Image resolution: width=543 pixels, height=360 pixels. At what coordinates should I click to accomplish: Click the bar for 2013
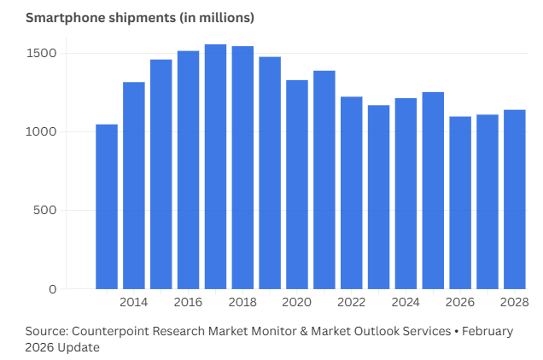tap(107, 206)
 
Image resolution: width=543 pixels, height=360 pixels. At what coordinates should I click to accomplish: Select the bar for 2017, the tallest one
tap(215, 166)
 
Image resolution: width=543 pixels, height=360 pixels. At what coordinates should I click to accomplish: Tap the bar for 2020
tap(297, 184)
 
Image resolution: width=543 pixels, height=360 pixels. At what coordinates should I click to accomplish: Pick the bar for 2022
tap(351, 193)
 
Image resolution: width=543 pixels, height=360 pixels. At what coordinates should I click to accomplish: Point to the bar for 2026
tap(460, 202)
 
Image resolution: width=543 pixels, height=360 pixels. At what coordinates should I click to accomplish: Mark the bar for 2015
tap(161, 174)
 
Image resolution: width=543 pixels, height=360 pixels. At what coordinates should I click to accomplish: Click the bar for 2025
tap(433, 190)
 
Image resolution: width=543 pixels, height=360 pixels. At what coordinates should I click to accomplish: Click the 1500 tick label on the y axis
tap(42, 53)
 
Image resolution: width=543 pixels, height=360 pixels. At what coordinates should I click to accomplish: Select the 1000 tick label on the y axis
tap(42, 131)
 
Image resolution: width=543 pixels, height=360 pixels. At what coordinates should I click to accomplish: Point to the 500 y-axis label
tap(45, 211)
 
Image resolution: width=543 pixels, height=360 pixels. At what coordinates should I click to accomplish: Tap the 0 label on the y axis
tap(52, 289)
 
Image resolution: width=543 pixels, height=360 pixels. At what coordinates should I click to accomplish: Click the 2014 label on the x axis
tap(133, 303)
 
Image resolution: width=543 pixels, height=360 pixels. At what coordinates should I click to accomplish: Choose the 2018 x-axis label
tap(242, 303)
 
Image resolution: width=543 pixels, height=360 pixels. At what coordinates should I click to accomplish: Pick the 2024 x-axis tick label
tap(406, 303)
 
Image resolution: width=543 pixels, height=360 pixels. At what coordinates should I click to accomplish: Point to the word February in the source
tap(488, 331)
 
